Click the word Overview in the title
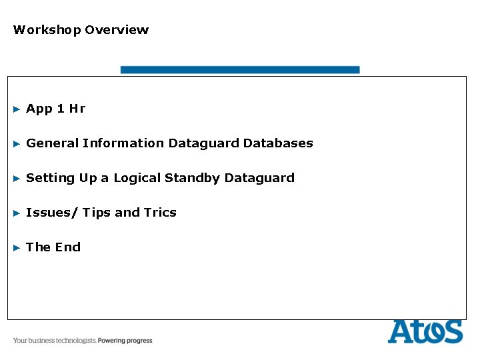(117, 30)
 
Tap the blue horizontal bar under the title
(239, 69)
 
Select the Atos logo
(425, 331)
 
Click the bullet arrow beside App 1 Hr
(17, 109)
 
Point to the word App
(39, 109)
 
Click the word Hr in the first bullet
(77, 109)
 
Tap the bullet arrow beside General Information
(17, 143)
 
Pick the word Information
(123, 143)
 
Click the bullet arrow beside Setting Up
(17, 178)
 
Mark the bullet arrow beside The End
(17, 247)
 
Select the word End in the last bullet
(67, 247)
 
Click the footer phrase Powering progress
(125, 341)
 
